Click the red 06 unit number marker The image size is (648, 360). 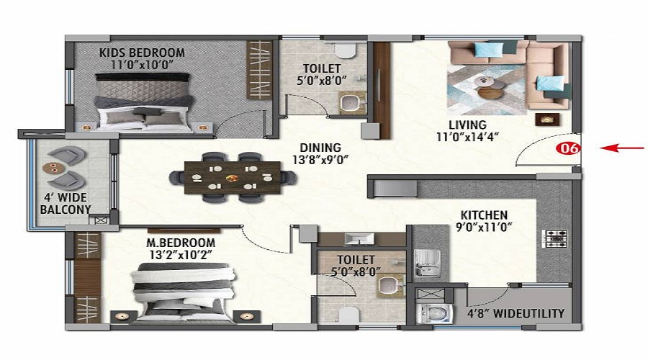coord(568,148)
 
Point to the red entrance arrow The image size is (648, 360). coord(622,148)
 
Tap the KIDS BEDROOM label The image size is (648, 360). coord(142,53)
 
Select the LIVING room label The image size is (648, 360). coord(467,125)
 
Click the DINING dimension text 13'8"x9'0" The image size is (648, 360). coord(320,160)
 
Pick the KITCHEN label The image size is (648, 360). coord(484,215)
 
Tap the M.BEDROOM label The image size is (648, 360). coord(181,243)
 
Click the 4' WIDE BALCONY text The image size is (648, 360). coord(66,203)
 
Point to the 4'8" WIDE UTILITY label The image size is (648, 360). coord(516,313)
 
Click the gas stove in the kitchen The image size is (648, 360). coord(554,239)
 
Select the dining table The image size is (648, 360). coord(233,178)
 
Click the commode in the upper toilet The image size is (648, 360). coord(345,50)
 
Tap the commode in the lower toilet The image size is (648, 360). coord(348,315)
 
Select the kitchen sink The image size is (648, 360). coord(427,263)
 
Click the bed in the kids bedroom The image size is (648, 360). coord(144,102)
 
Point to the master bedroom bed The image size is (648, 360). coord(184,292)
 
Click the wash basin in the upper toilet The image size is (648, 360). coord(353,102)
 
